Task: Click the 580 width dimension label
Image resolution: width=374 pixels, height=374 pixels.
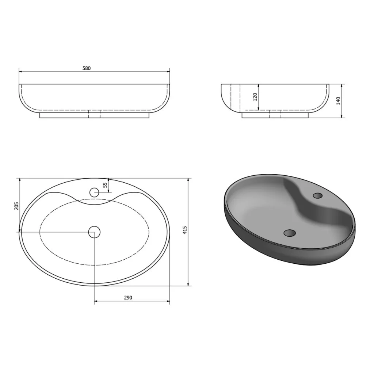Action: pyautogui.click(x=87, y=68)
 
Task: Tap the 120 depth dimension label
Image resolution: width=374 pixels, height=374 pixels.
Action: pyautogui.click(x=255, y=97)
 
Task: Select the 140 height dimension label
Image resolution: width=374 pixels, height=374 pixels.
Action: pyautogui.click(x=338, y=101)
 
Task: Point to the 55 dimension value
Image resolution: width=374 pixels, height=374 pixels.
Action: pyautogui.click(x=105, y=185)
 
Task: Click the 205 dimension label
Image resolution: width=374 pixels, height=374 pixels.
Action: pyautogui.click(x=16, y=206)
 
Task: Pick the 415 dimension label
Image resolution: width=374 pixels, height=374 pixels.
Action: pyautogui.click(x=185, y=230)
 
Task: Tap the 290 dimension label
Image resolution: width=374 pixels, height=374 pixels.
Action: pyautogui.click(x=128, y=298)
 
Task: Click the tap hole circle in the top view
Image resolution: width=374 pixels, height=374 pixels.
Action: pyautogui.click(x=94, y=192)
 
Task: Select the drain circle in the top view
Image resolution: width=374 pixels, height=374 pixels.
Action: pyautogui.click(x=94, y=232)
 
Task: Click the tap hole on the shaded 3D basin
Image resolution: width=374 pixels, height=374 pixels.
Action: pyautogui.click(x=317, y=196)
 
